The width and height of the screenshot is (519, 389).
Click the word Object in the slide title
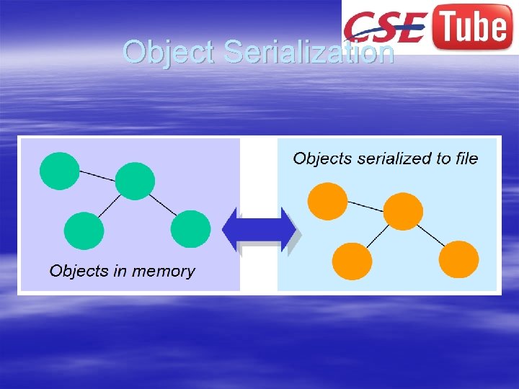tap(169, 52)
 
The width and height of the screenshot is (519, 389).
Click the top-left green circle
tap(59, 171)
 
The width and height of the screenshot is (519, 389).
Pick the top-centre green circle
tap(135, 181)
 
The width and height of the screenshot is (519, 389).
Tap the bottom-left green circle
tap(84, 231)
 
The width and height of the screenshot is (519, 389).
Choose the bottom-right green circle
tap(191, 229)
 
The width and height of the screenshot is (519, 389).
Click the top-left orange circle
tap(327, 201)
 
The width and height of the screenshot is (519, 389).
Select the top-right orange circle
tap(402, 211)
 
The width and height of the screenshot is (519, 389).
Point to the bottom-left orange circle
tap(352, 261)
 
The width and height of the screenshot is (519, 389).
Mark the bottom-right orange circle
tap(458, 259)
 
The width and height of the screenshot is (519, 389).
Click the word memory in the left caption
tap(166, 272)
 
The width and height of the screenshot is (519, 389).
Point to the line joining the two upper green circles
tap(97, 175)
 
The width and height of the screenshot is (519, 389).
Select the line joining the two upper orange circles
tap(365, 206)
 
